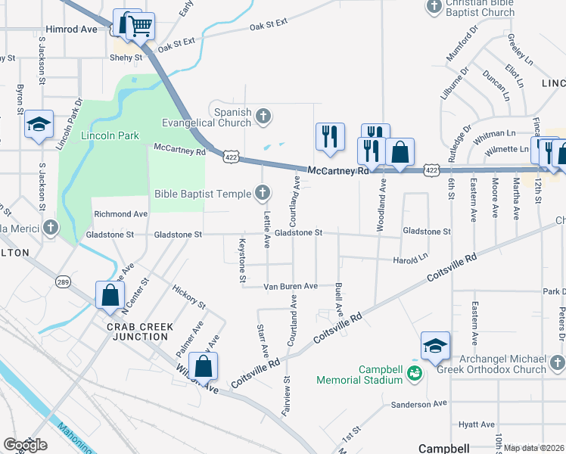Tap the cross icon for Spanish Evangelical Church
[263, 116]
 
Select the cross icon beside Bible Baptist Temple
[263, 194]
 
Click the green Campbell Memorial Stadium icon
[414, 373]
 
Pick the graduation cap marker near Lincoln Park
[39, 125]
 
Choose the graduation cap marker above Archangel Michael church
[435, 346]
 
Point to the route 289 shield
[63, 282]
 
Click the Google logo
[25, 445]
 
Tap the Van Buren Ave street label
[290, 287]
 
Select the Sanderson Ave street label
[421, 405]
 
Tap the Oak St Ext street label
[269, 25]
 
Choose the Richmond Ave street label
[120, 214]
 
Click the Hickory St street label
[188, 296]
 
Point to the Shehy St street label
[126, 58]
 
